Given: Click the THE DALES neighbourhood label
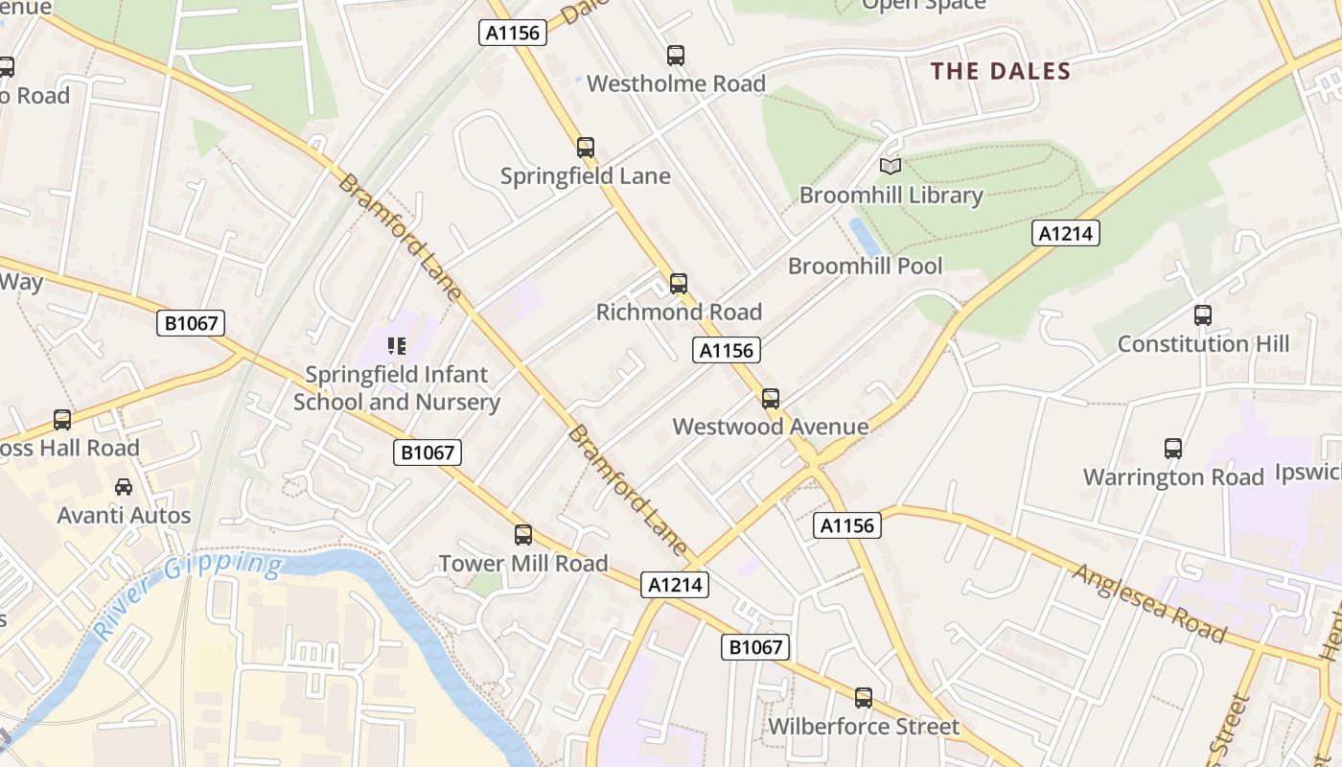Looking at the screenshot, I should click(x=1001, y=71).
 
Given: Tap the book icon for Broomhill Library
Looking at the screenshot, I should click(x=891, y=167).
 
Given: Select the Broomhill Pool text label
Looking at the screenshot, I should click(x=865, y=266).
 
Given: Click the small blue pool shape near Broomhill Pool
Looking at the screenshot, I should click(x=865, y=237).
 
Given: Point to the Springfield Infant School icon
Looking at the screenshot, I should click(x=397, y=345).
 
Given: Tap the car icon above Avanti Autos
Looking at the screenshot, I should click(x=124, y=487).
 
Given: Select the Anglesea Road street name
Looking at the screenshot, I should click(x=1149, y=603).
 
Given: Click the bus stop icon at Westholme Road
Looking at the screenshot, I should click(x=676, y=56).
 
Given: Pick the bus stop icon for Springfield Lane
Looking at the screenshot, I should click(x=586, y=148).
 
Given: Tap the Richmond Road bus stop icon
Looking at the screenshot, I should click(x=679, y=284).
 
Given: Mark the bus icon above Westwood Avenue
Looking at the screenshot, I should click(x=771, y=399).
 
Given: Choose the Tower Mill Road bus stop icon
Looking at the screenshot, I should click(x=523, y=535).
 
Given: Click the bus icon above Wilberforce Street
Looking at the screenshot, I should click(x=864, y=698).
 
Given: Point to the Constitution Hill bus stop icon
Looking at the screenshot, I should click(x=1203, y=315).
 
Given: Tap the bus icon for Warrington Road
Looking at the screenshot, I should click(x=1173, y=449).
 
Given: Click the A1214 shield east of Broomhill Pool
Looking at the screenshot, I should click(x=1066, y=233).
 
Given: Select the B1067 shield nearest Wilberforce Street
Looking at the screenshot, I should click(x=755, y=647).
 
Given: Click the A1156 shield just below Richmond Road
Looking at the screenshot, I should click(x=726, y=350).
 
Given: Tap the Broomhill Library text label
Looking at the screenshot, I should click(x=891, y=196).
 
